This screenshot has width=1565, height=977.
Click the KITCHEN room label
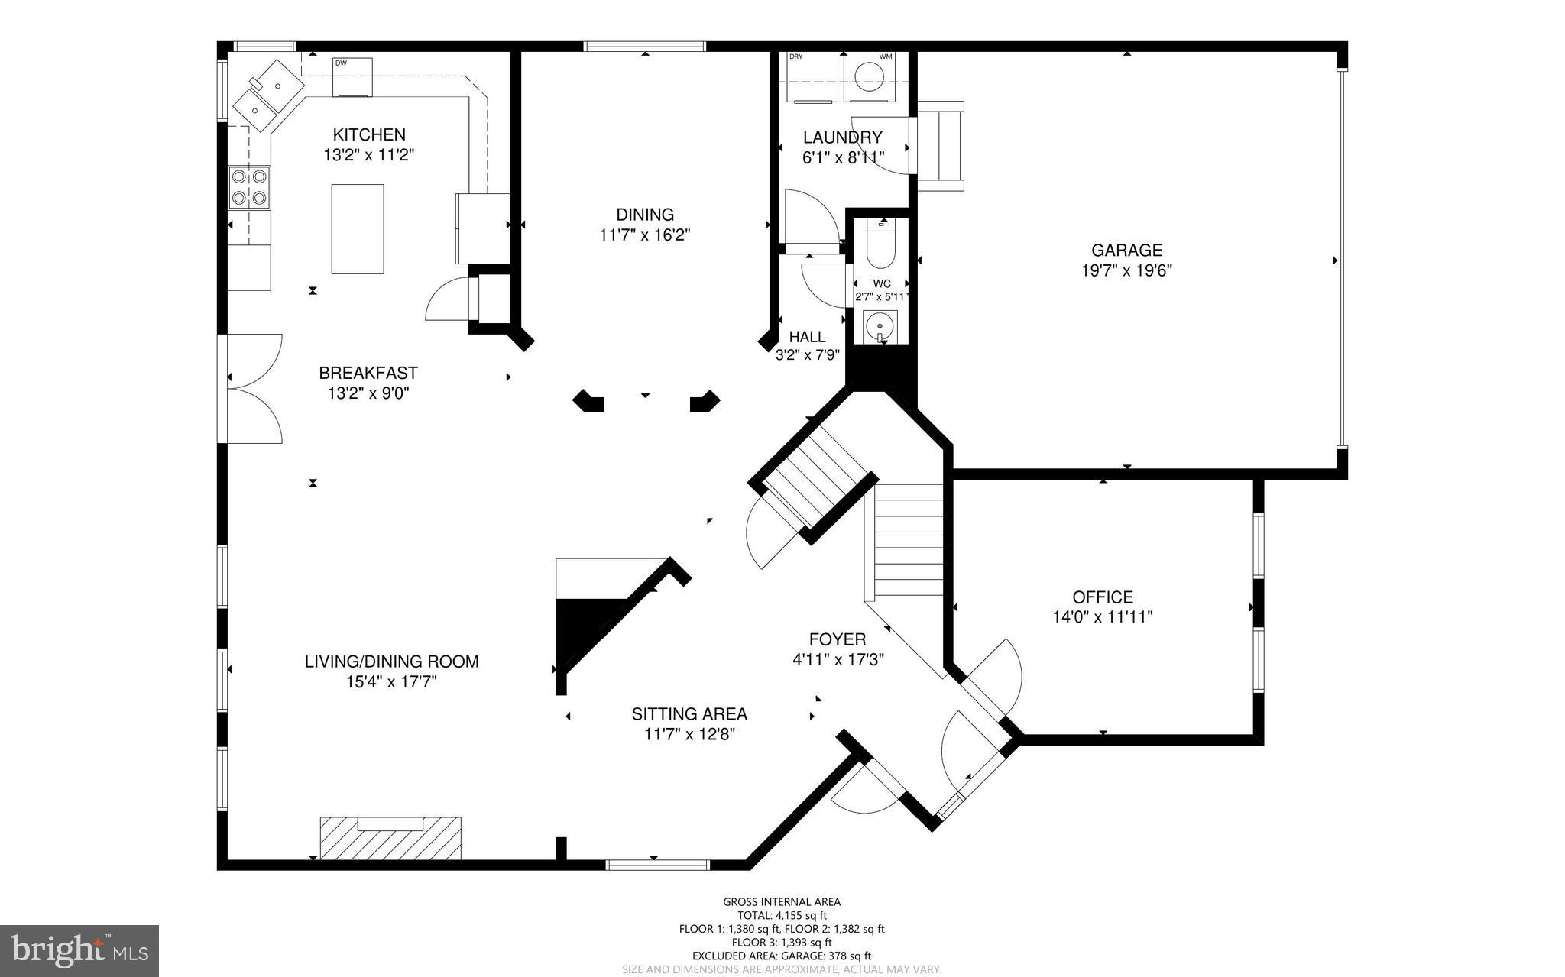pos(370,135)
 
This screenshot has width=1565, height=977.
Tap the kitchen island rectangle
pos(357,228)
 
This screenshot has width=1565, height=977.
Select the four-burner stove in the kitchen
pos(250,188)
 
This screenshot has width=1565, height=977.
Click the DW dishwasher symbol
pos(352,76)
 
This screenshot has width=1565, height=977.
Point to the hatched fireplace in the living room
pos(390,838)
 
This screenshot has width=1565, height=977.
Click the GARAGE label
pos(1126,250)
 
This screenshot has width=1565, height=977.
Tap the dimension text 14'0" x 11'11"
pos(1102,617)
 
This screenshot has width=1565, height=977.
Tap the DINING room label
pos(645,215)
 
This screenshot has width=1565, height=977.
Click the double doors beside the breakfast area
pos(254,389)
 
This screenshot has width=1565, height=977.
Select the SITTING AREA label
pos(689,714)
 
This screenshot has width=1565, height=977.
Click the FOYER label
pos(838,639)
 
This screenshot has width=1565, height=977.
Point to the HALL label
pos(807,337)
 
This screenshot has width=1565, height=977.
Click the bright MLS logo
pos(79,950)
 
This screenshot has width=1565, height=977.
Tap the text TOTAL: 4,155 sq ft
pos(782,915)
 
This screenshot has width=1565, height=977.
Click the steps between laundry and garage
pos(939,146)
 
